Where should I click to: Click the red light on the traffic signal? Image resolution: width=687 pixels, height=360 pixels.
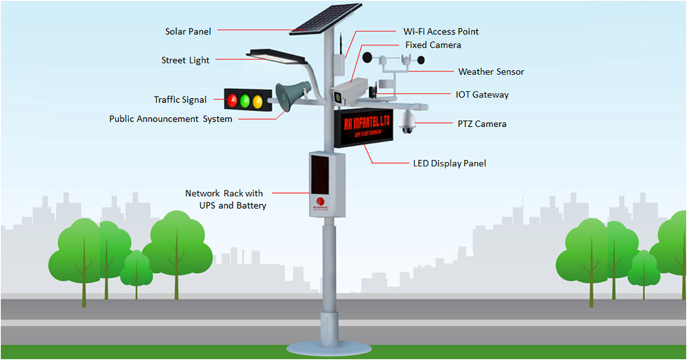click(232, 101)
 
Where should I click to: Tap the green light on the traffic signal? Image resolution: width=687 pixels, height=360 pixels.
click(245, 101)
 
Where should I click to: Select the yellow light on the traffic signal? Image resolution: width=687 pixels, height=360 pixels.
click(257, 101)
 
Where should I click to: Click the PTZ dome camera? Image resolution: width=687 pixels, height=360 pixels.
click(408, 121)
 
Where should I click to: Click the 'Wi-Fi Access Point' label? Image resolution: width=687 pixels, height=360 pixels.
click(440, 31)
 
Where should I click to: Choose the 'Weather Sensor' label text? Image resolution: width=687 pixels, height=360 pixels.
click(491, 72)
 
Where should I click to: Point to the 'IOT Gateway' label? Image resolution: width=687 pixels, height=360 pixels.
click(482, 95)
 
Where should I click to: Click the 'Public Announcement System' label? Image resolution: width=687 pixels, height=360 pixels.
click(170, 119)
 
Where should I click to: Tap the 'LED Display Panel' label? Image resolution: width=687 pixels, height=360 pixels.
click(449, 163)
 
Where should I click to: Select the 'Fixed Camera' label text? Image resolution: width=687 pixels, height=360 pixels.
click(433, 45)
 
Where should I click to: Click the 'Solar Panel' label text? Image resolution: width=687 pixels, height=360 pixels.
click(188, 31)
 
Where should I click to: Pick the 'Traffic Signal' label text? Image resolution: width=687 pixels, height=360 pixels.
click(180, 100)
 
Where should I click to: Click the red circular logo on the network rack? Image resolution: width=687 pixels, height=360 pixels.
click(320, 202)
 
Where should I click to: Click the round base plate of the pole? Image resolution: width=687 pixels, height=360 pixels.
click(329, 348)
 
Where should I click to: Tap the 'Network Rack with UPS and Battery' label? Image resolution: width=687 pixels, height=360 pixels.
click(225, 200)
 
